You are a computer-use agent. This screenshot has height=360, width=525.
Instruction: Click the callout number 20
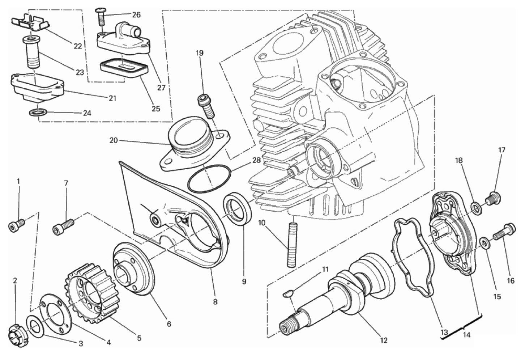[x=114, y=140]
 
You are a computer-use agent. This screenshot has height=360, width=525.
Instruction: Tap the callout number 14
[x=466, y=335]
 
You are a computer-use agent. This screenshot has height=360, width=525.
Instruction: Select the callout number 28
[x=256, y=160]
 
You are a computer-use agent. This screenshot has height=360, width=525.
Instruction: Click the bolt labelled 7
[x=64, y=227]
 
